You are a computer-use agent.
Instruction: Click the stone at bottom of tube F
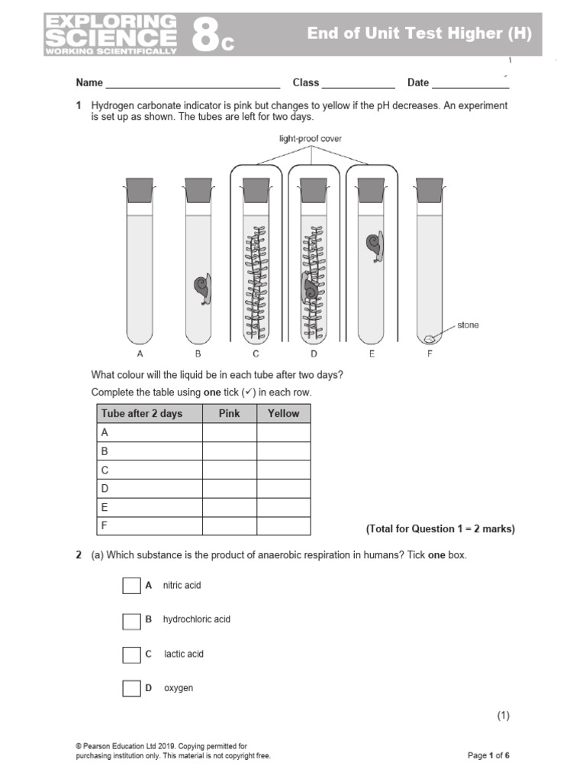(x=430, y=337)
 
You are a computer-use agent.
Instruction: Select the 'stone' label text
(x=468, y=325)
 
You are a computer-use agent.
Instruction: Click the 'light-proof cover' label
(x=311, y=138)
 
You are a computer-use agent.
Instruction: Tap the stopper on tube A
(x=140, y=190)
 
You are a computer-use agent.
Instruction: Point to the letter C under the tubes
(x=256, y=354)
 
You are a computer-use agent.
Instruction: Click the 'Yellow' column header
(x=283, y=413)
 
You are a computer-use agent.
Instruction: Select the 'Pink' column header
(x=229, y=413)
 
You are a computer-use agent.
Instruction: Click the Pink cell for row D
(x=229, y=488)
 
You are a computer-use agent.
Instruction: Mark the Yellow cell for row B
(x=283, y=451)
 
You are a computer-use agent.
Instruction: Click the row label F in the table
(x=105, y=525)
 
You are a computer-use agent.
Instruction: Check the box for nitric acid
(x=131, y=586)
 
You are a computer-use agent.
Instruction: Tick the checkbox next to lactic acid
(x=131, y=654)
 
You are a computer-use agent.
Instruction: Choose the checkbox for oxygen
(x=131, y=689)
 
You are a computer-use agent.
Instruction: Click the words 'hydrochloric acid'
(x=196, y=619)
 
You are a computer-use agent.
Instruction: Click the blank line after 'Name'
(x=192, y=83)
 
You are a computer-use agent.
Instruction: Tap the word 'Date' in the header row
(x=418, y=82)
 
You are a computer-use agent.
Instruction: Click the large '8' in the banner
(x=204, y=35)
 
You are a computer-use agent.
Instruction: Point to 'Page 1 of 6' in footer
(x=488, y=756)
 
